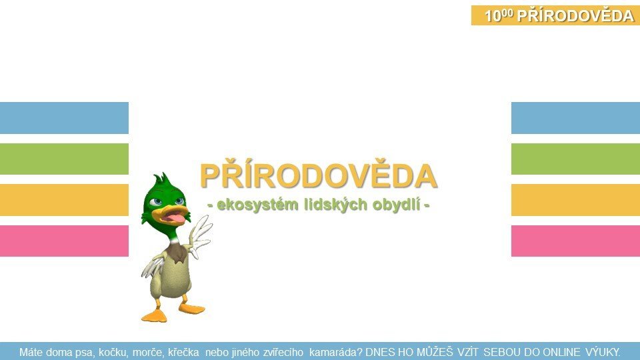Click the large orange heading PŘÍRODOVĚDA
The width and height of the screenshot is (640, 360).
(319, 175)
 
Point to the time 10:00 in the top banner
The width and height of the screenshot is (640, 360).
(499, 15)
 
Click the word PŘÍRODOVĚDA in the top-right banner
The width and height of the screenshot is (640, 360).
(575, 15)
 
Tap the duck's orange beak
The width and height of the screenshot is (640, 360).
(171, 215)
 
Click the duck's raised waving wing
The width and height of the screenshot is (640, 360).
(200, 236)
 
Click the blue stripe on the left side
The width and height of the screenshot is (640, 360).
(64, 118)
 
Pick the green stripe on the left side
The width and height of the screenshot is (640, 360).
(64, 159)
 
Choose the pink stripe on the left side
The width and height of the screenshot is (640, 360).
(64, 241)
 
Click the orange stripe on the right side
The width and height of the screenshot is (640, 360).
(575, 200)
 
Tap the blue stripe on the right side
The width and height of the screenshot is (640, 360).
(575, 118)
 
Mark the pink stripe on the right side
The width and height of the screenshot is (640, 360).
(575, 241)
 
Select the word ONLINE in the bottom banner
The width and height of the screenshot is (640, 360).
(561, 352)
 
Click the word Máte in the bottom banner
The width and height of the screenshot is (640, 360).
(31, 352)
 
